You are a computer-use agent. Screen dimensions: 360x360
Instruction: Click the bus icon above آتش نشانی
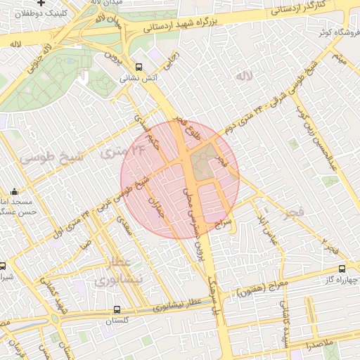click(139, 68)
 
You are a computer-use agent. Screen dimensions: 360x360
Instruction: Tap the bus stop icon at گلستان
click(117, 309)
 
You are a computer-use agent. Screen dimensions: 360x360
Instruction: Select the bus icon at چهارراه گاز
click(342, 269)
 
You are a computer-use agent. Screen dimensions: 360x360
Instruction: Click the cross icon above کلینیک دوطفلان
click(42, 3)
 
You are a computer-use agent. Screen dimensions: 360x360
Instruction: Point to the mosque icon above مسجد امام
click(15, 191)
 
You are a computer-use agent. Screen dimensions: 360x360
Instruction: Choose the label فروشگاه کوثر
click(333, 33)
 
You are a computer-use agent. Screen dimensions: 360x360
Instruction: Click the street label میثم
click(341, 58)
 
